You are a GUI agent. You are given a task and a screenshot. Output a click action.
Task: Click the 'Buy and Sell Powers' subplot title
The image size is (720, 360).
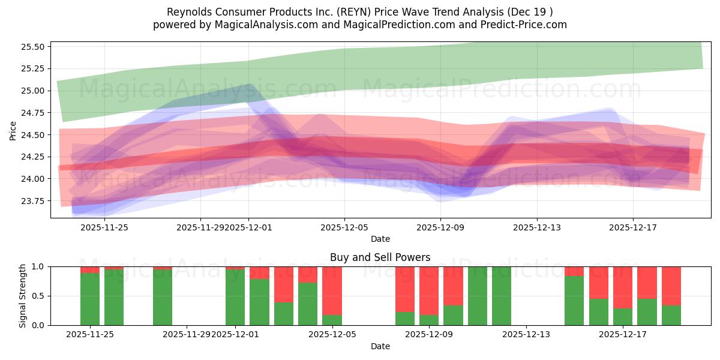[x=380, y=257]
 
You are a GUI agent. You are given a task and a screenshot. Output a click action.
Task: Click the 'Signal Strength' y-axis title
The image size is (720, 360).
[x=23, y=296]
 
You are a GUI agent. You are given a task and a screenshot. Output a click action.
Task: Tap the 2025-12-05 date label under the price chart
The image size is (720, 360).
[x=344, y=227]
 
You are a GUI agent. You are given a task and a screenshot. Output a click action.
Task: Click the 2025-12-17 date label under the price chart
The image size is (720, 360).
[x=632, y=227]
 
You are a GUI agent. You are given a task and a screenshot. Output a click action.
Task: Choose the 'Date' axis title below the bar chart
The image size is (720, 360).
[x=380, y=346]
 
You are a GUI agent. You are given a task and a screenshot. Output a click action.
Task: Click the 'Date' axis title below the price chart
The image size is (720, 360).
[x=380, y=239]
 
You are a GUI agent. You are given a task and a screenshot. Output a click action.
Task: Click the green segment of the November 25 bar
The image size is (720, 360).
[x=90, y=299]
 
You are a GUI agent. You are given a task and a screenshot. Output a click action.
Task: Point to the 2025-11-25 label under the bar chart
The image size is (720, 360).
[x=90, y=334]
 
